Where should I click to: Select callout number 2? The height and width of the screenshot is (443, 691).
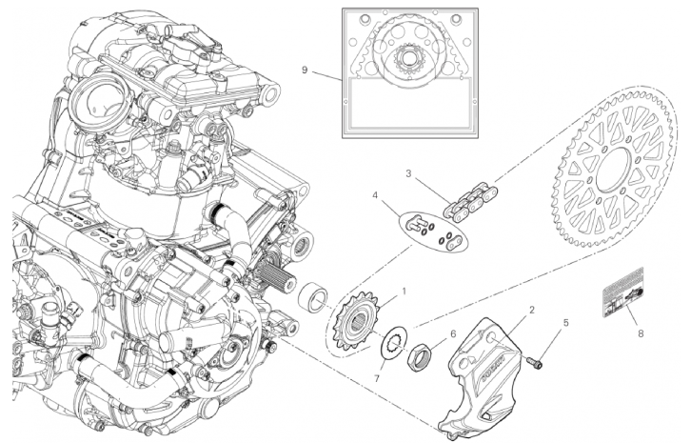532,310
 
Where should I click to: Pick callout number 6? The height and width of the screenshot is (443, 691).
454,333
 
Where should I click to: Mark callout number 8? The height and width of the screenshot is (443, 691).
641,333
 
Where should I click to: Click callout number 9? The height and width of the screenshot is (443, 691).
305,70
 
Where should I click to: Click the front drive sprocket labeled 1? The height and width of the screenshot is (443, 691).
358,321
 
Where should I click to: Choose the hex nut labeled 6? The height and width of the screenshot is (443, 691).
419,357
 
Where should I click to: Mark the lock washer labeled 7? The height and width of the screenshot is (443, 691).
392,346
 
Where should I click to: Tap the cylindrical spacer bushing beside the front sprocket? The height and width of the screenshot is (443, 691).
310,297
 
